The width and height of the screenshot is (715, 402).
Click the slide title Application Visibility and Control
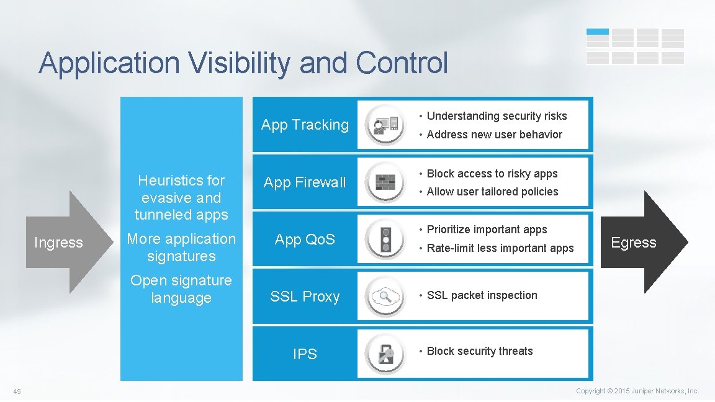click(243, 63)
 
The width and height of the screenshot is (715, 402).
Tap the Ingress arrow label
click(58, 243)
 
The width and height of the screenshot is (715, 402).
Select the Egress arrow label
click(633, 243)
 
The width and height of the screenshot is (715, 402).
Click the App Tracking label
click(305, 125)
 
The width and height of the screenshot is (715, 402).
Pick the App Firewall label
click(305, 182)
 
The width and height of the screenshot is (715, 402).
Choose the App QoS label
click(305, 239)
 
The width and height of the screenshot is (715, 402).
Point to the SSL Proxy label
click(305, 297)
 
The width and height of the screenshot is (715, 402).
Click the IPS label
click(305, 354)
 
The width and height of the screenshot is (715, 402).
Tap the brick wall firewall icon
click(386, 182)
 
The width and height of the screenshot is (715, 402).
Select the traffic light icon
click(386, 239)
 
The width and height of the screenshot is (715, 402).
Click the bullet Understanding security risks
click(497, 116)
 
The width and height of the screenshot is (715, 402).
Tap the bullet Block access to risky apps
click(492, 174)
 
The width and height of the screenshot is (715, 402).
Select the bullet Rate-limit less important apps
click(500, 248)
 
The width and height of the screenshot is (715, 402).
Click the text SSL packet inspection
click(482, 295)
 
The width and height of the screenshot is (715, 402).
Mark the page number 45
click(17, 391)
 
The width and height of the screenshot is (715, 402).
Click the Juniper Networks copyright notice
click(637, 391)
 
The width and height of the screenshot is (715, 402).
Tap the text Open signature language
click(181, 289)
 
